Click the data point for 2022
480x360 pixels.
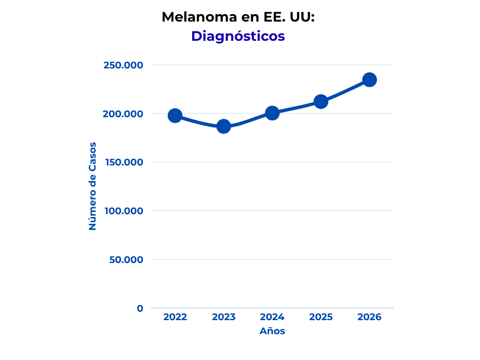[175, 116]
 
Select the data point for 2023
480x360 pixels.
[224, 127]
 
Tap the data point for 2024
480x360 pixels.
[272, 113]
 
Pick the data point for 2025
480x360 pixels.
[321, 102]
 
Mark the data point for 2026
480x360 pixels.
[369, 80]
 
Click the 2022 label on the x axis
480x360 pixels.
[175, 317]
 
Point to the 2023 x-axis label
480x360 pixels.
[224, 317]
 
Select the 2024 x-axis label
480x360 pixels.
[272, 317]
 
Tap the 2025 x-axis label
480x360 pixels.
[321, 317]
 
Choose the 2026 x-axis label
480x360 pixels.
[369, 317]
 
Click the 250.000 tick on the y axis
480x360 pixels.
[123, 65]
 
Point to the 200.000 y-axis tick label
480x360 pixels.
[123, 114]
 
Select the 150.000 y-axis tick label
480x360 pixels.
[123, 162]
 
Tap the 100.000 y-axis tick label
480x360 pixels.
[123, 211]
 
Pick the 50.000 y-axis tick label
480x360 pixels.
[126, 260]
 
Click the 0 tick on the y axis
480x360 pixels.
[140, 308]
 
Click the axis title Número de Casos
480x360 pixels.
[92, 186]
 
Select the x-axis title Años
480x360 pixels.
[272, 331]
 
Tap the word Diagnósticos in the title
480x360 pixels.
[238, 36]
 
